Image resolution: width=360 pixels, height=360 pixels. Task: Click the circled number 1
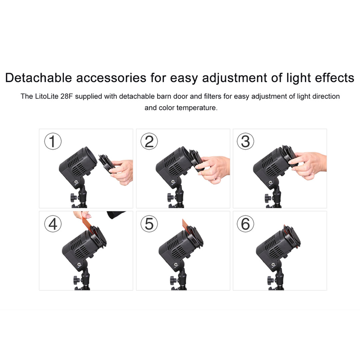pyautogui.click(x=53, y=141)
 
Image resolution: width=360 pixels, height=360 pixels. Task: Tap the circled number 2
pyautogui.click(x=149, y=141)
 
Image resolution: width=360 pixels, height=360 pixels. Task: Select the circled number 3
pyautogui.click(x=245, y=141)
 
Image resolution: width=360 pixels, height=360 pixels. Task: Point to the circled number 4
pyautogui.click(x=53, y=224)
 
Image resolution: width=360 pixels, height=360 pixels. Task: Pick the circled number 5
pyautogui.click(x=149, y=224)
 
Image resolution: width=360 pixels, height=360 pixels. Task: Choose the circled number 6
pyautogui.click(x=245, y=224)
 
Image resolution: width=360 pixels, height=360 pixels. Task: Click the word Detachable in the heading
pyautogui.click(x=39, y=78)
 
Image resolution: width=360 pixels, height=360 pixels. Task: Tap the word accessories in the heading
pyautogui.click(x=111, y=78)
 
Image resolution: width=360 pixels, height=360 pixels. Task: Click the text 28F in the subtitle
pyautogui.click(x=66, y=96)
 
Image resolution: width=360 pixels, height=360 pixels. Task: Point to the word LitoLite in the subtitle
pyautogui.click(x=47, y=96)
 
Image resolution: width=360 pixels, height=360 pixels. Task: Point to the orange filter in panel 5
pyautogui.click(x=185, y=224)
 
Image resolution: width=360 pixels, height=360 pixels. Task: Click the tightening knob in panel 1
pyautogui.click(x=74, y=197)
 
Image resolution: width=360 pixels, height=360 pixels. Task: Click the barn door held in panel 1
pyautogui.click(x=106, y=162)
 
